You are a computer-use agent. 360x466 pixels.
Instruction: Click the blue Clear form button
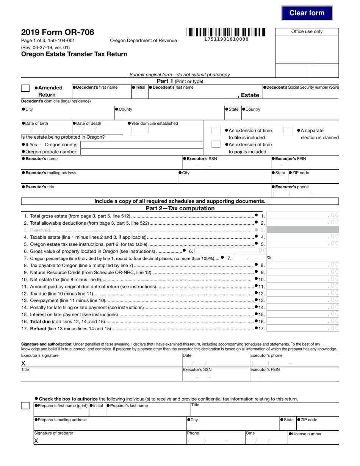[307, 13]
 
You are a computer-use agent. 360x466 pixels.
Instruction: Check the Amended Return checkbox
[25, 88]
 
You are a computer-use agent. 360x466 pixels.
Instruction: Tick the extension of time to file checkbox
[216, 130]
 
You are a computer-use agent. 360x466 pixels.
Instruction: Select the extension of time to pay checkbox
[216, 144]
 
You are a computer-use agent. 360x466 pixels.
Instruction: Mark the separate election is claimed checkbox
[288, 130]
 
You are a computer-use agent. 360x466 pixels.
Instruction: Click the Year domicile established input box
[140, 131]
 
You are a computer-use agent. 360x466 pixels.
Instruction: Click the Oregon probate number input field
[142, 152]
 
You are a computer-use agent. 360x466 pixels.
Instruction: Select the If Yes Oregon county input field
[142, 145]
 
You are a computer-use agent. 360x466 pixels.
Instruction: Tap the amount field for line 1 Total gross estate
[303, 216]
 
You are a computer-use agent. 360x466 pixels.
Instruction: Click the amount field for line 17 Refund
[303, 328]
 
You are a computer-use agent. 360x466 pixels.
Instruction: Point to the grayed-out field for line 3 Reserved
[303, 230]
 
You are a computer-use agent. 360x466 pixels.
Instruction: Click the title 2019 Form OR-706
[58, 32]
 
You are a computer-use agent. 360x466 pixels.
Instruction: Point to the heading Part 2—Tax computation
[180, 208]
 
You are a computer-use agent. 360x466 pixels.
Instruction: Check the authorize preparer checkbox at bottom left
[25, 406]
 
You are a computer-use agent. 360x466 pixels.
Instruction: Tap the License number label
[307, 434]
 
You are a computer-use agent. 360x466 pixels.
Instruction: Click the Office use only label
[307, 31]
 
